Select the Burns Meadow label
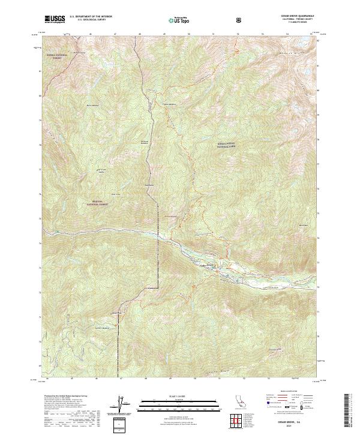92,106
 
